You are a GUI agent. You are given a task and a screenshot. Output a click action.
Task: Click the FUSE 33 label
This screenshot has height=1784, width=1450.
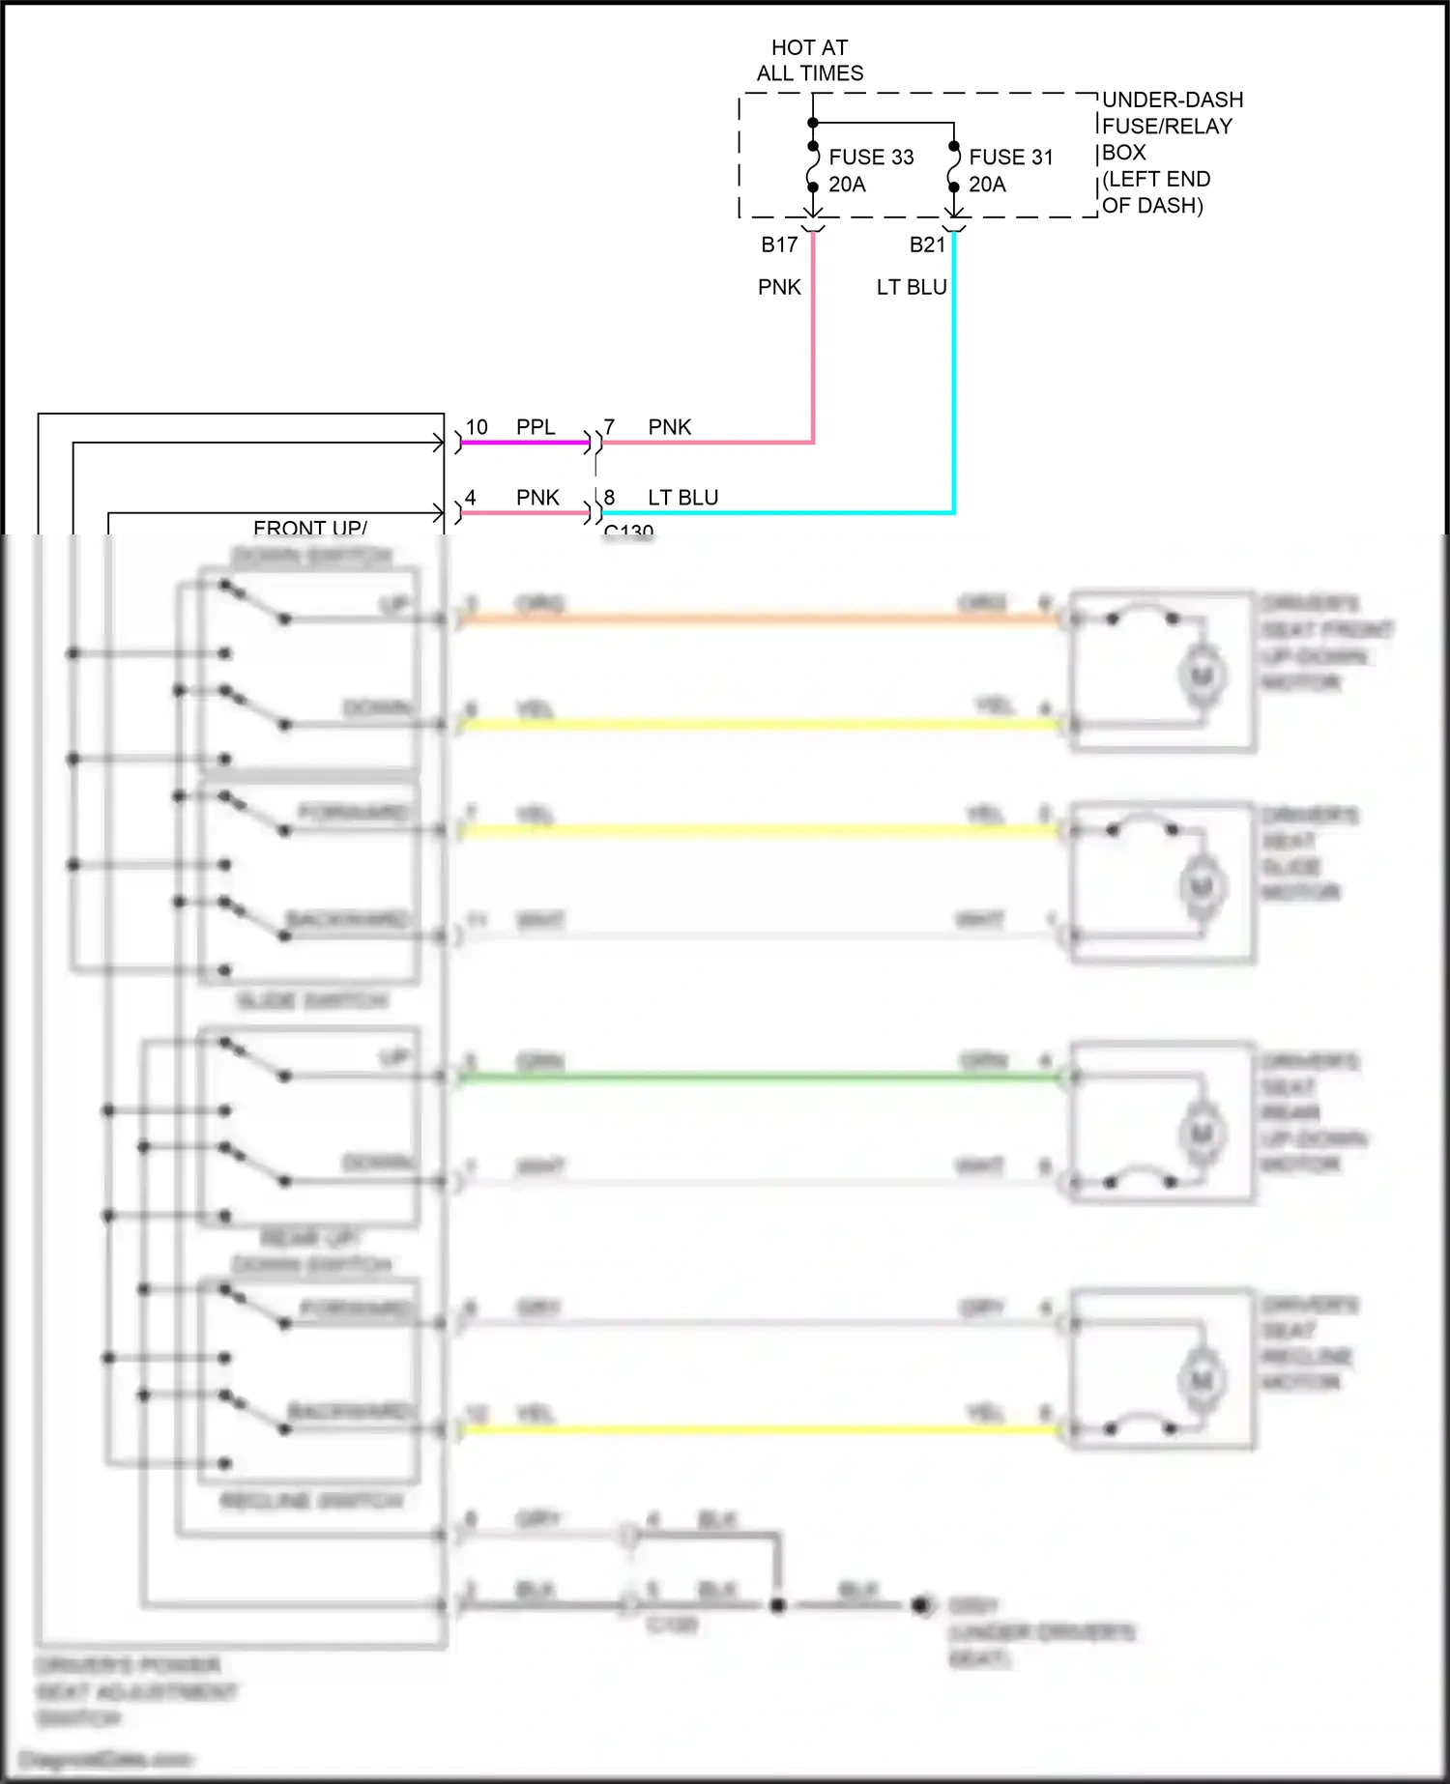tap(870, 157)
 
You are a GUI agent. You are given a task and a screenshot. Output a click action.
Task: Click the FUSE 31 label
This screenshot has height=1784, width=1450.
tap(1010, 157)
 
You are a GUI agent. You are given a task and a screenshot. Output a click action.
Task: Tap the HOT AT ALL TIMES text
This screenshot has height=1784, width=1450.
tap(809, 60)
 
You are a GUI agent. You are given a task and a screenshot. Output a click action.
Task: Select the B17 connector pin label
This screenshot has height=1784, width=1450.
tap(779, 245)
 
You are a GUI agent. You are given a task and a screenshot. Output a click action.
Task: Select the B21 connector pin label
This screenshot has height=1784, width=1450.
tap(927, 245)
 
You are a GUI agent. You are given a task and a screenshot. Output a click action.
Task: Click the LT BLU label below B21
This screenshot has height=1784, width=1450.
tap(911, 287)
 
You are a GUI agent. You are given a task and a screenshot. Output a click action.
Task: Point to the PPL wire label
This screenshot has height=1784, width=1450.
tap(536, 427)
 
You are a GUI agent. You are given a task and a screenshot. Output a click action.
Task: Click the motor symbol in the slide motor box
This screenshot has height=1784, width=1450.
tap(1202, 886)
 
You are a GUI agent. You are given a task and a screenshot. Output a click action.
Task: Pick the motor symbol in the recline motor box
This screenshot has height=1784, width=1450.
tap(1202, 1380)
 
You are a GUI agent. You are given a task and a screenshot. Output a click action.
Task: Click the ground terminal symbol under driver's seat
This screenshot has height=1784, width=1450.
tap(922, 1605)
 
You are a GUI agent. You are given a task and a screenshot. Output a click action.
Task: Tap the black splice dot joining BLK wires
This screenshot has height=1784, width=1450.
tap(777, 1605)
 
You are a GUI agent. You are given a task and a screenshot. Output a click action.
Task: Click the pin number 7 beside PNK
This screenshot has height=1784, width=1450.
tap(609, 426)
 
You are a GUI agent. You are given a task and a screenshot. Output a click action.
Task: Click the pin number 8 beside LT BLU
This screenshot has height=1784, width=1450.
tap(609, 497)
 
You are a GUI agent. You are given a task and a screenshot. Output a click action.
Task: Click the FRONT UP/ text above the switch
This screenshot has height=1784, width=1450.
tap(309, 528)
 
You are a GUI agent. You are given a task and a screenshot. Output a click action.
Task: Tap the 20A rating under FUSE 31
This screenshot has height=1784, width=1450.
tap(987, 184)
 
